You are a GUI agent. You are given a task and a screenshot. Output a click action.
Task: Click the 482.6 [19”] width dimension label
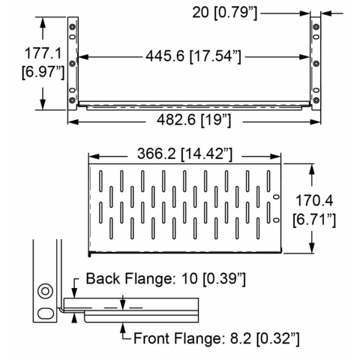pyautogui.click(x=194, y=120)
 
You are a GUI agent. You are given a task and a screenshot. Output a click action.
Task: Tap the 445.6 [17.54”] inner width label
pyautogui.click(x=193, y=56)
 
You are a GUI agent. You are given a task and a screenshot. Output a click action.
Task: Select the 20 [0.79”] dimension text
pyautogui.click(x=224, y=13)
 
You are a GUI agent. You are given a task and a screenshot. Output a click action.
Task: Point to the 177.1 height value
pyautogui.click(x=43, y=53)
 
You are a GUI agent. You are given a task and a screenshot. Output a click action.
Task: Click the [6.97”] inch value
pyautogui.click(x=43, y=73)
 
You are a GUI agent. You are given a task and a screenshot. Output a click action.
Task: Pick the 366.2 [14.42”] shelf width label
pyautogui.click(x=184, y=154)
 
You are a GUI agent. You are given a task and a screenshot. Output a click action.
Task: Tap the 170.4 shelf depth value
pyautogui.click(x=314, y=200)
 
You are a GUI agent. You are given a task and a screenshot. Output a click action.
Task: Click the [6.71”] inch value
pyautogui.click(x=314, y=220)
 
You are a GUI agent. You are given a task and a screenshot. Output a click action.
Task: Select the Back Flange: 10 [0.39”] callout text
pyautogui.click(x=166, y=279)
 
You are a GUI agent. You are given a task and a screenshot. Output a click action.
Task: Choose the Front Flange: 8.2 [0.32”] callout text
pyautogui.click(x=216, y=339)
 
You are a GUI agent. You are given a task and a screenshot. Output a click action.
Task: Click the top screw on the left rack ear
pyautogui.click(x=72, y=27)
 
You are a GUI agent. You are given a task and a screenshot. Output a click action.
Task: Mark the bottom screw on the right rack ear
pyautogui.click(x=316, y=100)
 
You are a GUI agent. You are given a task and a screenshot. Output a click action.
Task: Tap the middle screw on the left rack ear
pyautogui.click(x=72, y=64)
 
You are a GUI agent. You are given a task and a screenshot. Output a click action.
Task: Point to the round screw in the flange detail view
pyautogui.click(x=45, y=291)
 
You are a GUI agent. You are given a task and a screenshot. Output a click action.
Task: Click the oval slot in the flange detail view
pyautogui.click(x=46, y=313)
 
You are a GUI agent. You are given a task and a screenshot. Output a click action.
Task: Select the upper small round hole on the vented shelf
pyautogui.click(x=276, y=196)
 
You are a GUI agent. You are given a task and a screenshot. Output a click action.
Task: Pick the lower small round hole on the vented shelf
pyautogui.click(x=276, y=220)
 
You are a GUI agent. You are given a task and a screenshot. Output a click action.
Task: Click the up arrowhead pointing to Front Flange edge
pyautogui.click(x=122, y=328)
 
